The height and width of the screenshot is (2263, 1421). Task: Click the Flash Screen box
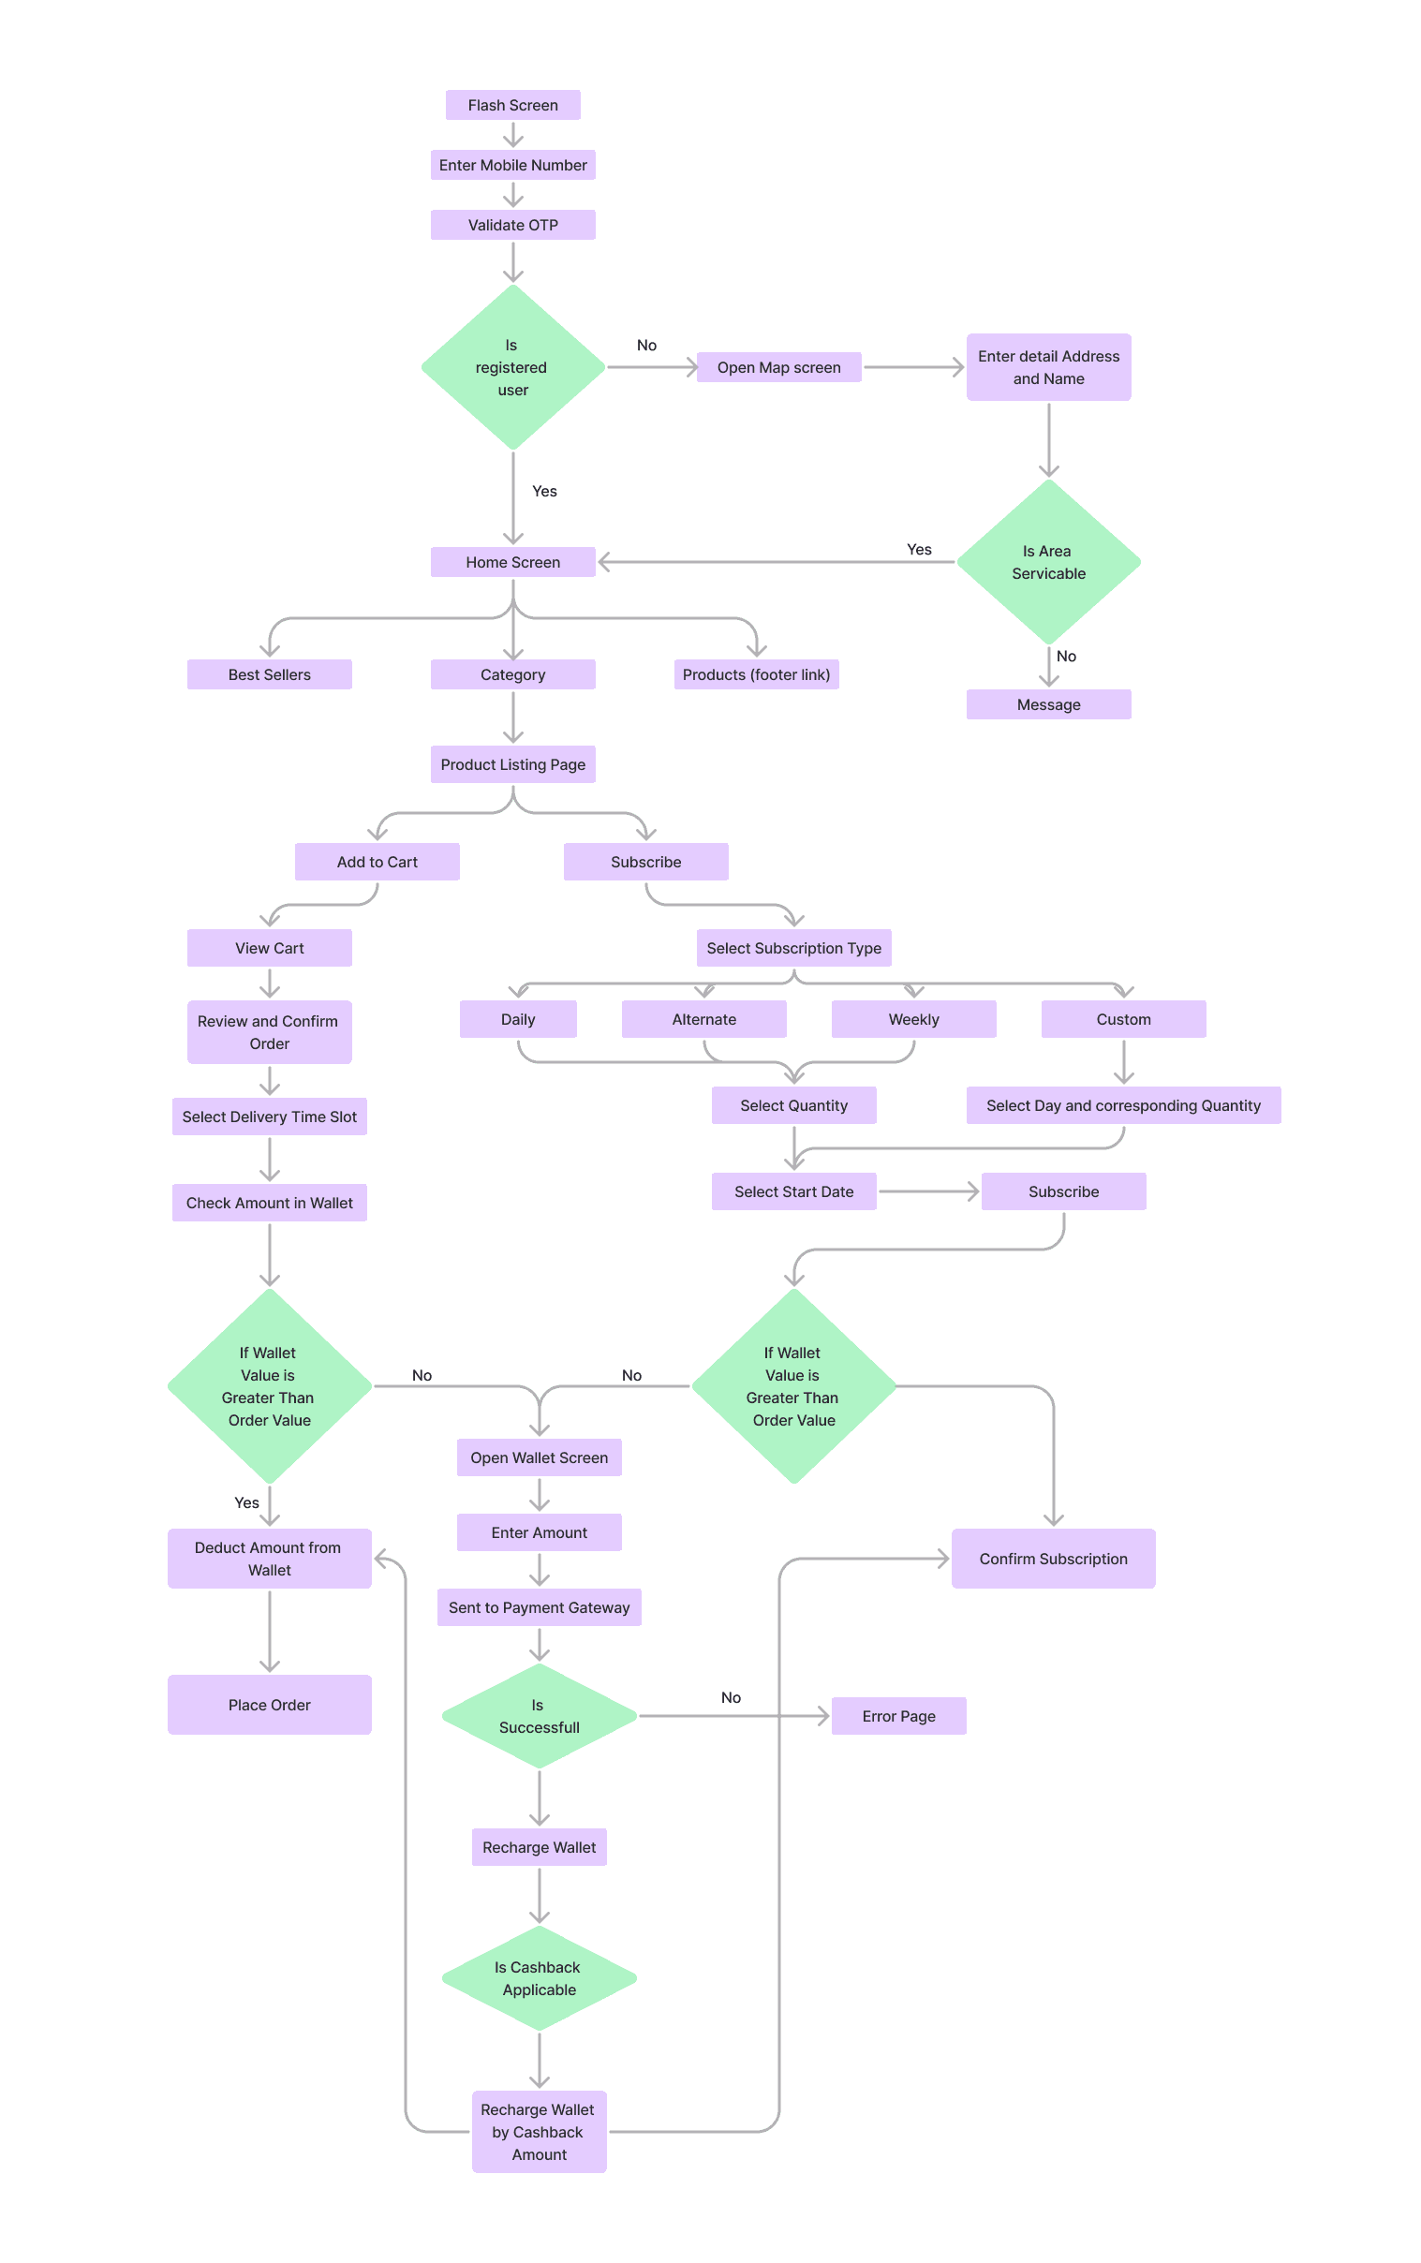pos(512,105)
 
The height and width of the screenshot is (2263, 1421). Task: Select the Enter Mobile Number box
pos(512,166)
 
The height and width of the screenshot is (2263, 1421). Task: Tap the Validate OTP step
pos(512,226)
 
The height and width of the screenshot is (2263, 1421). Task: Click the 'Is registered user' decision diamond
pos(512,367)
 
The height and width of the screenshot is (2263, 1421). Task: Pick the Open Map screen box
pos(778,367)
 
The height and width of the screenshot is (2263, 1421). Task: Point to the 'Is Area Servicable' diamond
pos(1048,562)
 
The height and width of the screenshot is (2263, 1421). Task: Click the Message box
pos(1048,704)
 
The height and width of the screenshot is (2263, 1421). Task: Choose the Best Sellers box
pos(269,674)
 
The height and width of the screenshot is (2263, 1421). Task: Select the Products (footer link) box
pos(756,674)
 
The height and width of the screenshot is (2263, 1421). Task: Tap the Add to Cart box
pos(377,862)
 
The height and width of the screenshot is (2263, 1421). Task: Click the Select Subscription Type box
pos(793,948)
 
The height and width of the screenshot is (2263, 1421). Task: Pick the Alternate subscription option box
pos(703,1020)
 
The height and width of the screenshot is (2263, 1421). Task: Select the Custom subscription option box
pos(1123,1020)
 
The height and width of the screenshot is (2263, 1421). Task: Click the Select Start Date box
pos(793,1191)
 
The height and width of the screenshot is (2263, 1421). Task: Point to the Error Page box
pos(898,1716)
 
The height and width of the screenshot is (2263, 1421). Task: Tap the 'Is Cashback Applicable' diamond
pos(539,1978)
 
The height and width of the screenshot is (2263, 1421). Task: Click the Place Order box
pos(269,1705)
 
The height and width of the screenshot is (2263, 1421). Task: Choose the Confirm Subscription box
pos(1053,1560)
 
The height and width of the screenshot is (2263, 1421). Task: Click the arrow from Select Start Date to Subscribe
pos(928,1191)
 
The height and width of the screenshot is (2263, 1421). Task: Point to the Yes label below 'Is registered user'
pos(544,492)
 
